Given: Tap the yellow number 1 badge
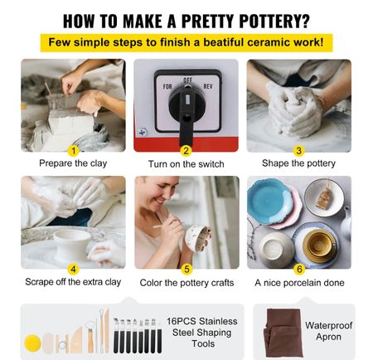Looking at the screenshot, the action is click(73, 151).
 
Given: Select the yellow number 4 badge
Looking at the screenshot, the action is click(73, 270).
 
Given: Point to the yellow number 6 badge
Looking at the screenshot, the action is click(299, 269).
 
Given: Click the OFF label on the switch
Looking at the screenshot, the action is click(188, 80).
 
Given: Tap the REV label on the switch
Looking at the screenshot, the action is click(208, 86).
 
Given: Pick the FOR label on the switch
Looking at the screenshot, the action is click(167, 86).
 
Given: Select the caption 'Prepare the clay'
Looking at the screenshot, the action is click(73, 163).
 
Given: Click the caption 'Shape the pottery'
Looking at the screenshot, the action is click(298, 163).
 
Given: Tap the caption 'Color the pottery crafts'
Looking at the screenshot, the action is click(186, 283).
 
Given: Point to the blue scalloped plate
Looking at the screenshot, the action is click(269, 201).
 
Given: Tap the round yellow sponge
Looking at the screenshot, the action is click(32, 343).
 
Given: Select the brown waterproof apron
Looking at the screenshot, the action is click(283, 333).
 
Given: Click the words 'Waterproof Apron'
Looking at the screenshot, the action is click(328, 331).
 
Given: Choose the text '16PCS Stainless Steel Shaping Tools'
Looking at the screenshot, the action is click(202, 333).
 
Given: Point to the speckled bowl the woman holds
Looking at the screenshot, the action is click(198, 238).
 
